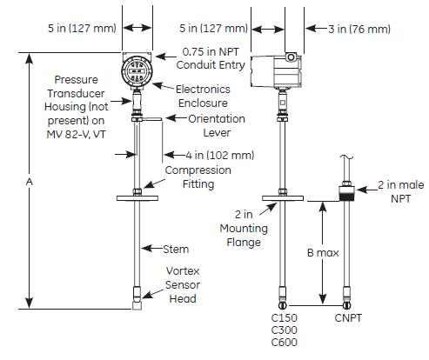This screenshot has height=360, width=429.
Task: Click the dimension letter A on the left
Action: point(31,181)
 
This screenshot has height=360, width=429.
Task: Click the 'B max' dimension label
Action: point(320,253)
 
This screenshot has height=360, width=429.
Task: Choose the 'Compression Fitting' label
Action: point(199,177)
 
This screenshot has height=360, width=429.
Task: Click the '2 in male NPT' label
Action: point(396,193)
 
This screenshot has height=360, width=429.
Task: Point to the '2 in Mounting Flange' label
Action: point(238,228)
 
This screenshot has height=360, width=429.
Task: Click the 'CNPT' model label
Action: point(348,318)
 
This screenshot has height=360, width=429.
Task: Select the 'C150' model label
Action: point(285,318)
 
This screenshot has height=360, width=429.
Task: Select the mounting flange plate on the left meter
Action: point(137,199)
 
